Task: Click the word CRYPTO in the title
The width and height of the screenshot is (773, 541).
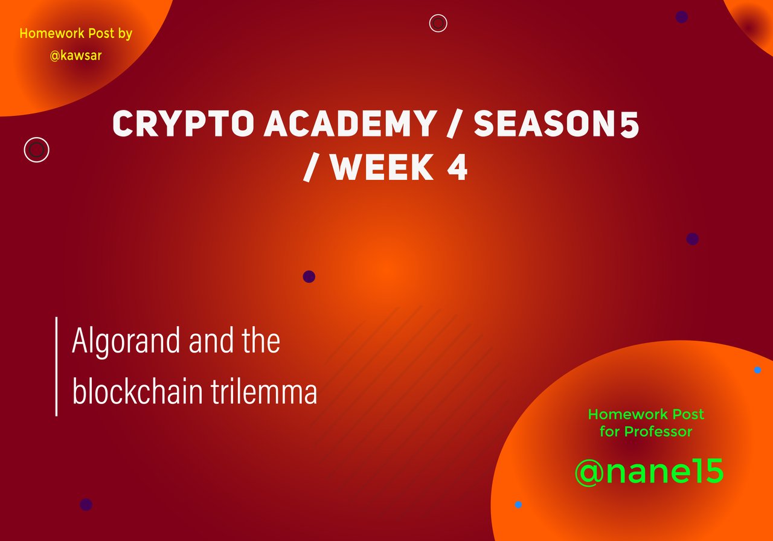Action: click(183, 124)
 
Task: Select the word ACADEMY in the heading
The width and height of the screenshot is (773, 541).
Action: click(349, 124)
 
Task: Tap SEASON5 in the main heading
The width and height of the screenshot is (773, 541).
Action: click(556, 124)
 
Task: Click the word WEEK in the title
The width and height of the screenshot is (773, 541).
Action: click(382, 167)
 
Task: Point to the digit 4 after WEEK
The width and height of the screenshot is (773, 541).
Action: click(457, 167)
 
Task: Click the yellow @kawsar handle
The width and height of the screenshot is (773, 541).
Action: click(75, 56)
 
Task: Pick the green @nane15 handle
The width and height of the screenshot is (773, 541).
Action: click(649, 472)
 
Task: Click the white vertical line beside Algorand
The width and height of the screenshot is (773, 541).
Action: click(56, 367)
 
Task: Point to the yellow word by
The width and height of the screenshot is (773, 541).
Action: click(124, 34)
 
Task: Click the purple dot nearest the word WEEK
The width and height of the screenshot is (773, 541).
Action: click(309, 277)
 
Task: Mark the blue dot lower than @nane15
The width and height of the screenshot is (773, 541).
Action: click(518, 504)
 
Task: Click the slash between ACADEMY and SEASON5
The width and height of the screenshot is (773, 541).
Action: click(454, 124)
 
